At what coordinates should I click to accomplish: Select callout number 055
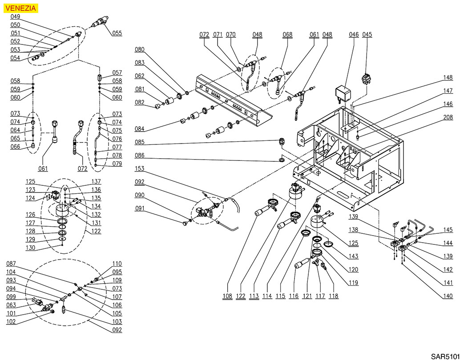[117, 33]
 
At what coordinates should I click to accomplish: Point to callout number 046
[354, 35]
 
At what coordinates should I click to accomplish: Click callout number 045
[367, 35]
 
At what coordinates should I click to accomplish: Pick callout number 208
[448, 117]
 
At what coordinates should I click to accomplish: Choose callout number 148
[448, 77]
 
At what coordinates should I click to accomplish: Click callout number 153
[140, 169]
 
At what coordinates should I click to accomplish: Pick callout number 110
[117, 264]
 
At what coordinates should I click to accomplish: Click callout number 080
[140, 49]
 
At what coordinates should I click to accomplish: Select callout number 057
[117, 73]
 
